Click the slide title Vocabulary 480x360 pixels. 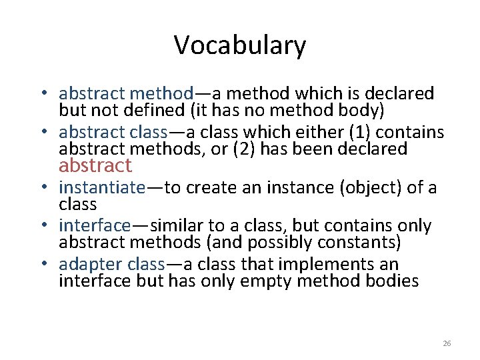[x=240, y=45]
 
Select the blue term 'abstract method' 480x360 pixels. [x=126, y=93]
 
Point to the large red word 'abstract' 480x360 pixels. [x=95, y=165]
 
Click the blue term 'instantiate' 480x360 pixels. [x=101, y=188]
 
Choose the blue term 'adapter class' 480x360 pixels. [x=112, y=265]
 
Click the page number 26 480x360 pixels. [x=447, y=343]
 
